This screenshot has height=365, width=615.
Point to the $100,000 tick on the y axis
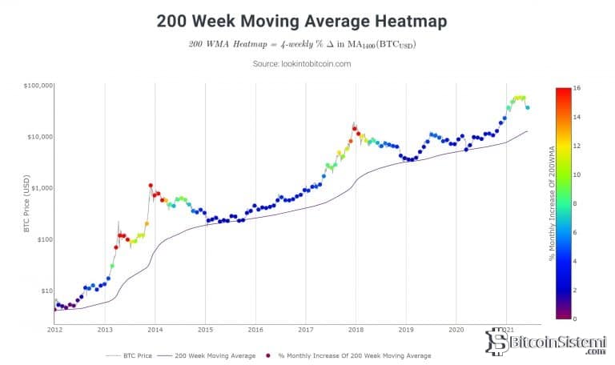pos(38,85)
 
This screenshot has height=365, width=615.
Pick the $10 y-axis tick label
pos(46,291)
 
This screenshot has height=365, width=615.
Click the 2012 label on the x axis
pos(54,329)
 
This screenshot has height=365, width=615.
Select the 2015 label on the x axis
pos(205,329)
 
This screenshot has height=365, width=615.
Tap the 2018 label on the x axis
pos(356,329)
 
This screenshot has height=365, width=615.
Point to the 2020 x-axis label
pos(456,329)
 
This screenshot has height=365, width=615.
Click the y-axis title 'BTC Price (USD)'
pos(27,207)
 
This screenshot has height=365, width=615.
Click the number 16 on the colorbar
pos(576,88)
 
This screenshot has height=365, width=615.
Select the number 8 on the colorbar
pos(574,203)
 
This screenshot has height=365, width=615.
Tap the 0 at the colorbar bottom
pos(574,319)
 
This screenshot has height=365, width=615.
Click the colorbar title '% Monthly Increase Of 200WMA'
pos(552,203)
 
